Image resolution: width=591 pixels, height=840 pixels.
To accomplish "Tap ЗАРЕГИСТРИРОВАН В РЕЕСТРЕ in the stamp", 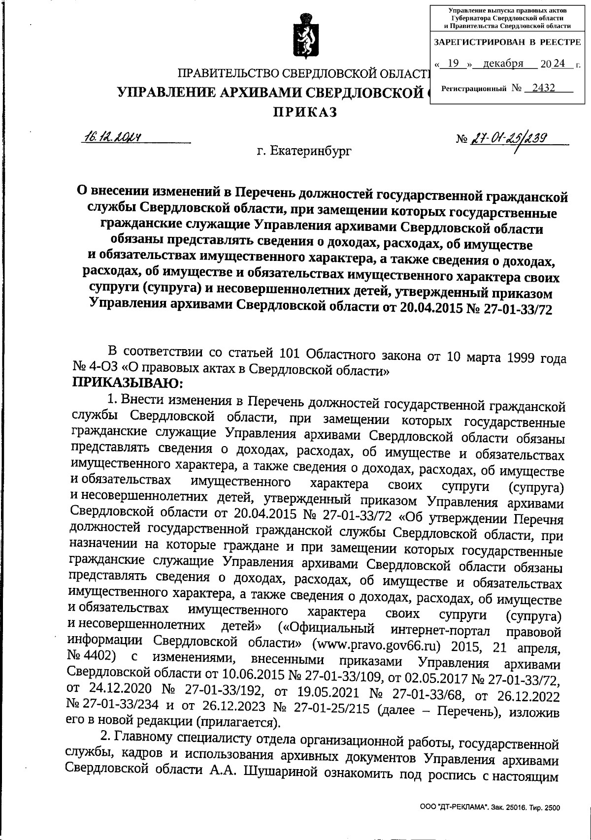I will pos(507,42).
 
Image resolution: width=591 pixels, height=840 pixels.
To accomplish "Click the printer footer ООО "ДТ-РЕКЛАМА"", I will pos(455,808).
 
